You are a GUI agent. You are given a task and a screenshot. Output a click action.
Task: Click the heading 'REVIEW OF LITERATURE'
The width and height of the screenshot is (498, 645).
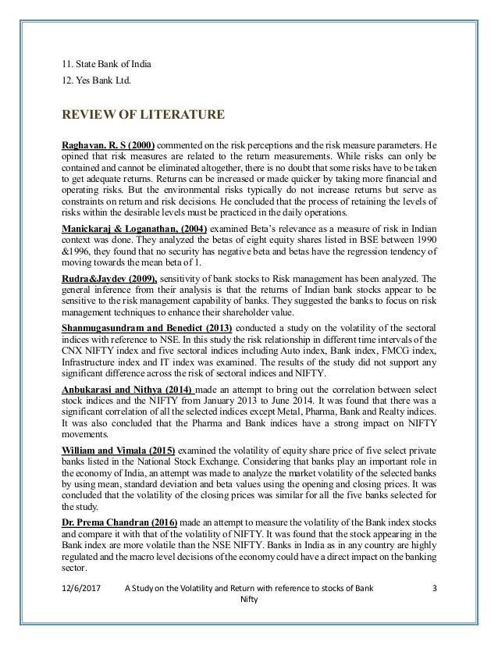(x=144, y=116)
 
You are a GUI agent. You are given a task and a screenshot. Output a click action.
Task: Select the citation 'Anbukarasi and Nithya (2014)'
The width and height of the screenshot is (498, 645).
(x=128, y=409)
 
